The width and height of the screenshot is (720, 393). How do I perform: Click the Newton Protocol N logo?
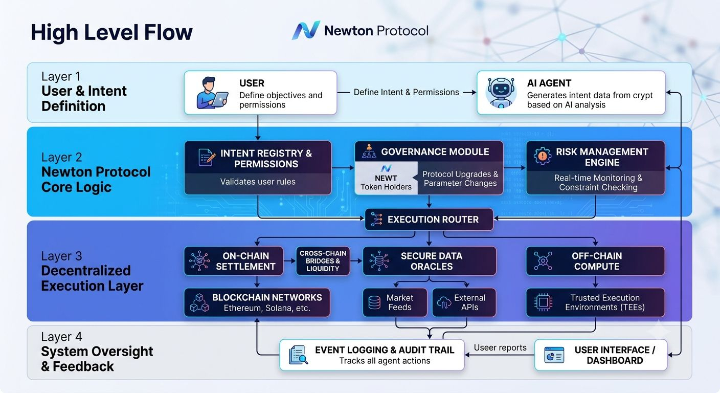(306, 31)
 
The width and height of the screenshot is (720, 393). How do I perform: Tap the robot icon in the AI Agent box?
(501, 92)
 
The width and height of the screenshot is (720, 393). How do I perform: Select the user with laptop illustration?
(212, 93)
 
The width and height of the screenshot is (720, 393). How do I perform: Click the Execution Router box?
(429, 220)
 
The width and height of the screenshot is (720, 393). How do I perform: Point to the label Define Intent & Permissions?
(407, 92)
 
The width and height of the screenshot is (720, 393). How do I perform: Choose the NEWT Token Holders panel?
(386, 178)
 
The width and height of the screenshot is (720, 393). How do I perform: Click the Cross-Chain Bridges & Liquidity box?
(323, 261)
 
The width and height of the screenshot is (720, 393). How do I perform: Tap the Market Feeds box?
(395, 302)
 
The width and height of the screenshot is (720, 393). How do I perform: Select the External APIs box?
(464, 302)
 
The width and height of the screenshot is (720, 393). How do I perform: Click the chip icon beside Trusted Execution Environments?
(543, 302)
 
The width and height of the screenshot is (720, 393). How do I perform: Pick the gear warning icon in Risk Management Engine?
(542, 156)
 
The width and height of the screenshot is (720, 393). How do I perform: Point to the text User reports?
(500, 347)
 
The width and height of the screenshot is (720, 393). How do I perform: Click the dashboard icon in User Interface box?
(554, 355)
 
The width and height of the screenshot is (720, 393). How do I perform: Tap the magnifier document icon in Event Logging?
(298, 355)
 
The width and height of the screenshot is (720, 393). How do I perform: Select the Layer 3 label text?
(62, 256)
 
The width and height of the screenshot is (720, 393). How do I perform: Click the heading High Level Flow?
(111, 33)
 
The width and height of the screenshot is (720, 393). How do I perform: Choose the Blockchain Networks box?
(257, 302)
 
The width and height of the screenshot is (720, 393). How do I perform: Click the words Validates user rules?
(258, 182)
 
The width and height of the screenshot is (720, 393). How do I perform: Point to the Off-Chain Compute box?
(595, 261)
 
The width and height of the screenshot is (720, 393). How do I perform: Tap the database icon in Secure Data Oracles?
(379, 260)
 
